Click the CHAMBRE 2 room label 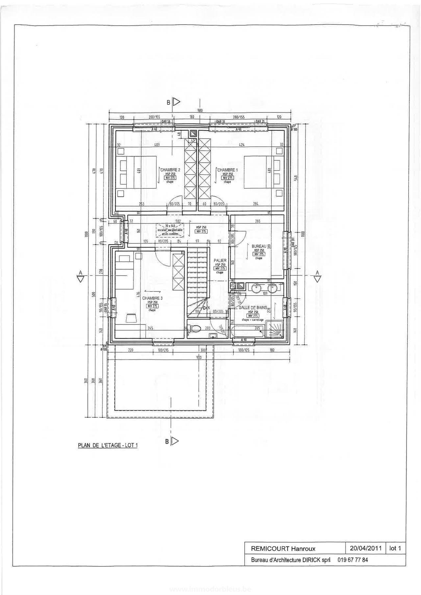[170, 170]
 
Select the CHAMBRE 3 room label [152, 298]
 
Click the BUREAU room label [259, 246]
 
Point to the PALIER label [220, 260]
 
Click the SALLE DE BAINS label [253, 308]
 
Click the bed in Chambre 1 [260, 172]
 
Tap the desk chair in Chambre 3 [132, 318]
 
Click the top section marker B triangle [177, 102]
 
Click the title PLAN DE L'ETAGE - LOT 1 [108, 445]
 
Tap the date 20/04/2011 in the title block [365, 548]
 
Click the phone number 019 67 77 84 [353, 560]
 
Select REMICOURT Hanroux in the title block [283, 548]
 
